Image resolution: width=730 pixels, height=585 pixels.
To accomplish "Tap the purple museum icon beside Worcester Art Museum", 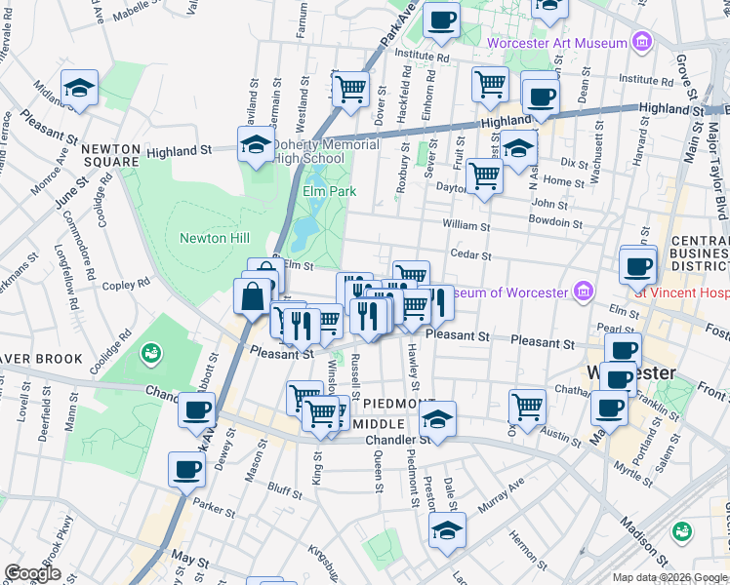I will click(641, 42).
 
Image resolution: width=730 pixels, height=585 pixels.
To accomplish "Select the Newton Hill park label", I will click(215, 238).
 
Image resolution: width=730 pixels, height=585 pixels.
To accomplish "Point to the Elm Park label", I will click(330, 191).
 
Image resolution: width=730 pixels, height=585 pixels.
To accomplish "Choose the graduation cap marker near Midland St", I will click(79, 88).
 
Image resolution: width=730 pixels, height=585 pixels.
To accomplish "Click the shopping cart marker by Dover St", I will click(350, 90).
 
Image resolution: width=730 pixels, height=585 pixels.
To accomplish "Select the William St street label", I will click(466, 225).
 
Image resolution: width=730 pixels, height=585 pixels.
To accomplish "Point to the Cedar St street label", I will click(468, 253).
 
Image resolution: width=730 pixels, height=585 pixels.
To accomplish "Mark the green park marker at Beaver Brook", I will click(150, 352).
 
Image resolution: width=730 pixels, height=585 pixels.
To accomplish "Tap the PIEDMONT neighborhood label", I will click(392, 403).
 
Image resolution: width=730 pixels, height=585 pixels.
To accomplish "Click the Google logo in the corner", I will click(32, 573).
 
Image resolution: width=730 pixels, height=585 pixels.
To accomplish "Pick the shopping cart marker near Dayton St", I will click(483, 177).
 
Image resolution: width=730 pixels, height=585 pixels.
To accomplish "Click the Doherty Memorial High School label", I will click(324, 151).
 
